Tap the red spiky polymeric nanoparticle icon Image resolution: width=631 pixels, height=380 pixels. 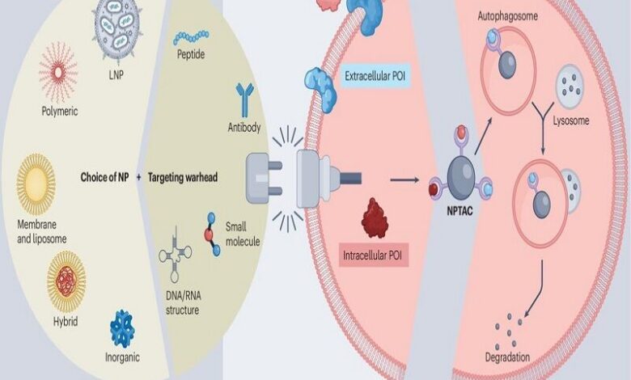pyautogui.click(x=59, y=71)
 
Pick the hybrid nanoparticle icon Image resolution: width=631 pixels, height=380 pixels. pyautogui.click(x=66, y=281)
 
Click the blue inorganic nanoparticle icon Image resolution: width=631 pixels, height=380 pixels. pyautogui.click(x=122, y=328)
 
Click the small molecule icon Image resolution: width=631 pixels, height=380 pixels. pyautogui.click(x=213, y=232)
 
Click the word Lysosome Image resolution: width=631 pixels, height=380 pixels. pyautogui.click(x=572, y=120)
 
